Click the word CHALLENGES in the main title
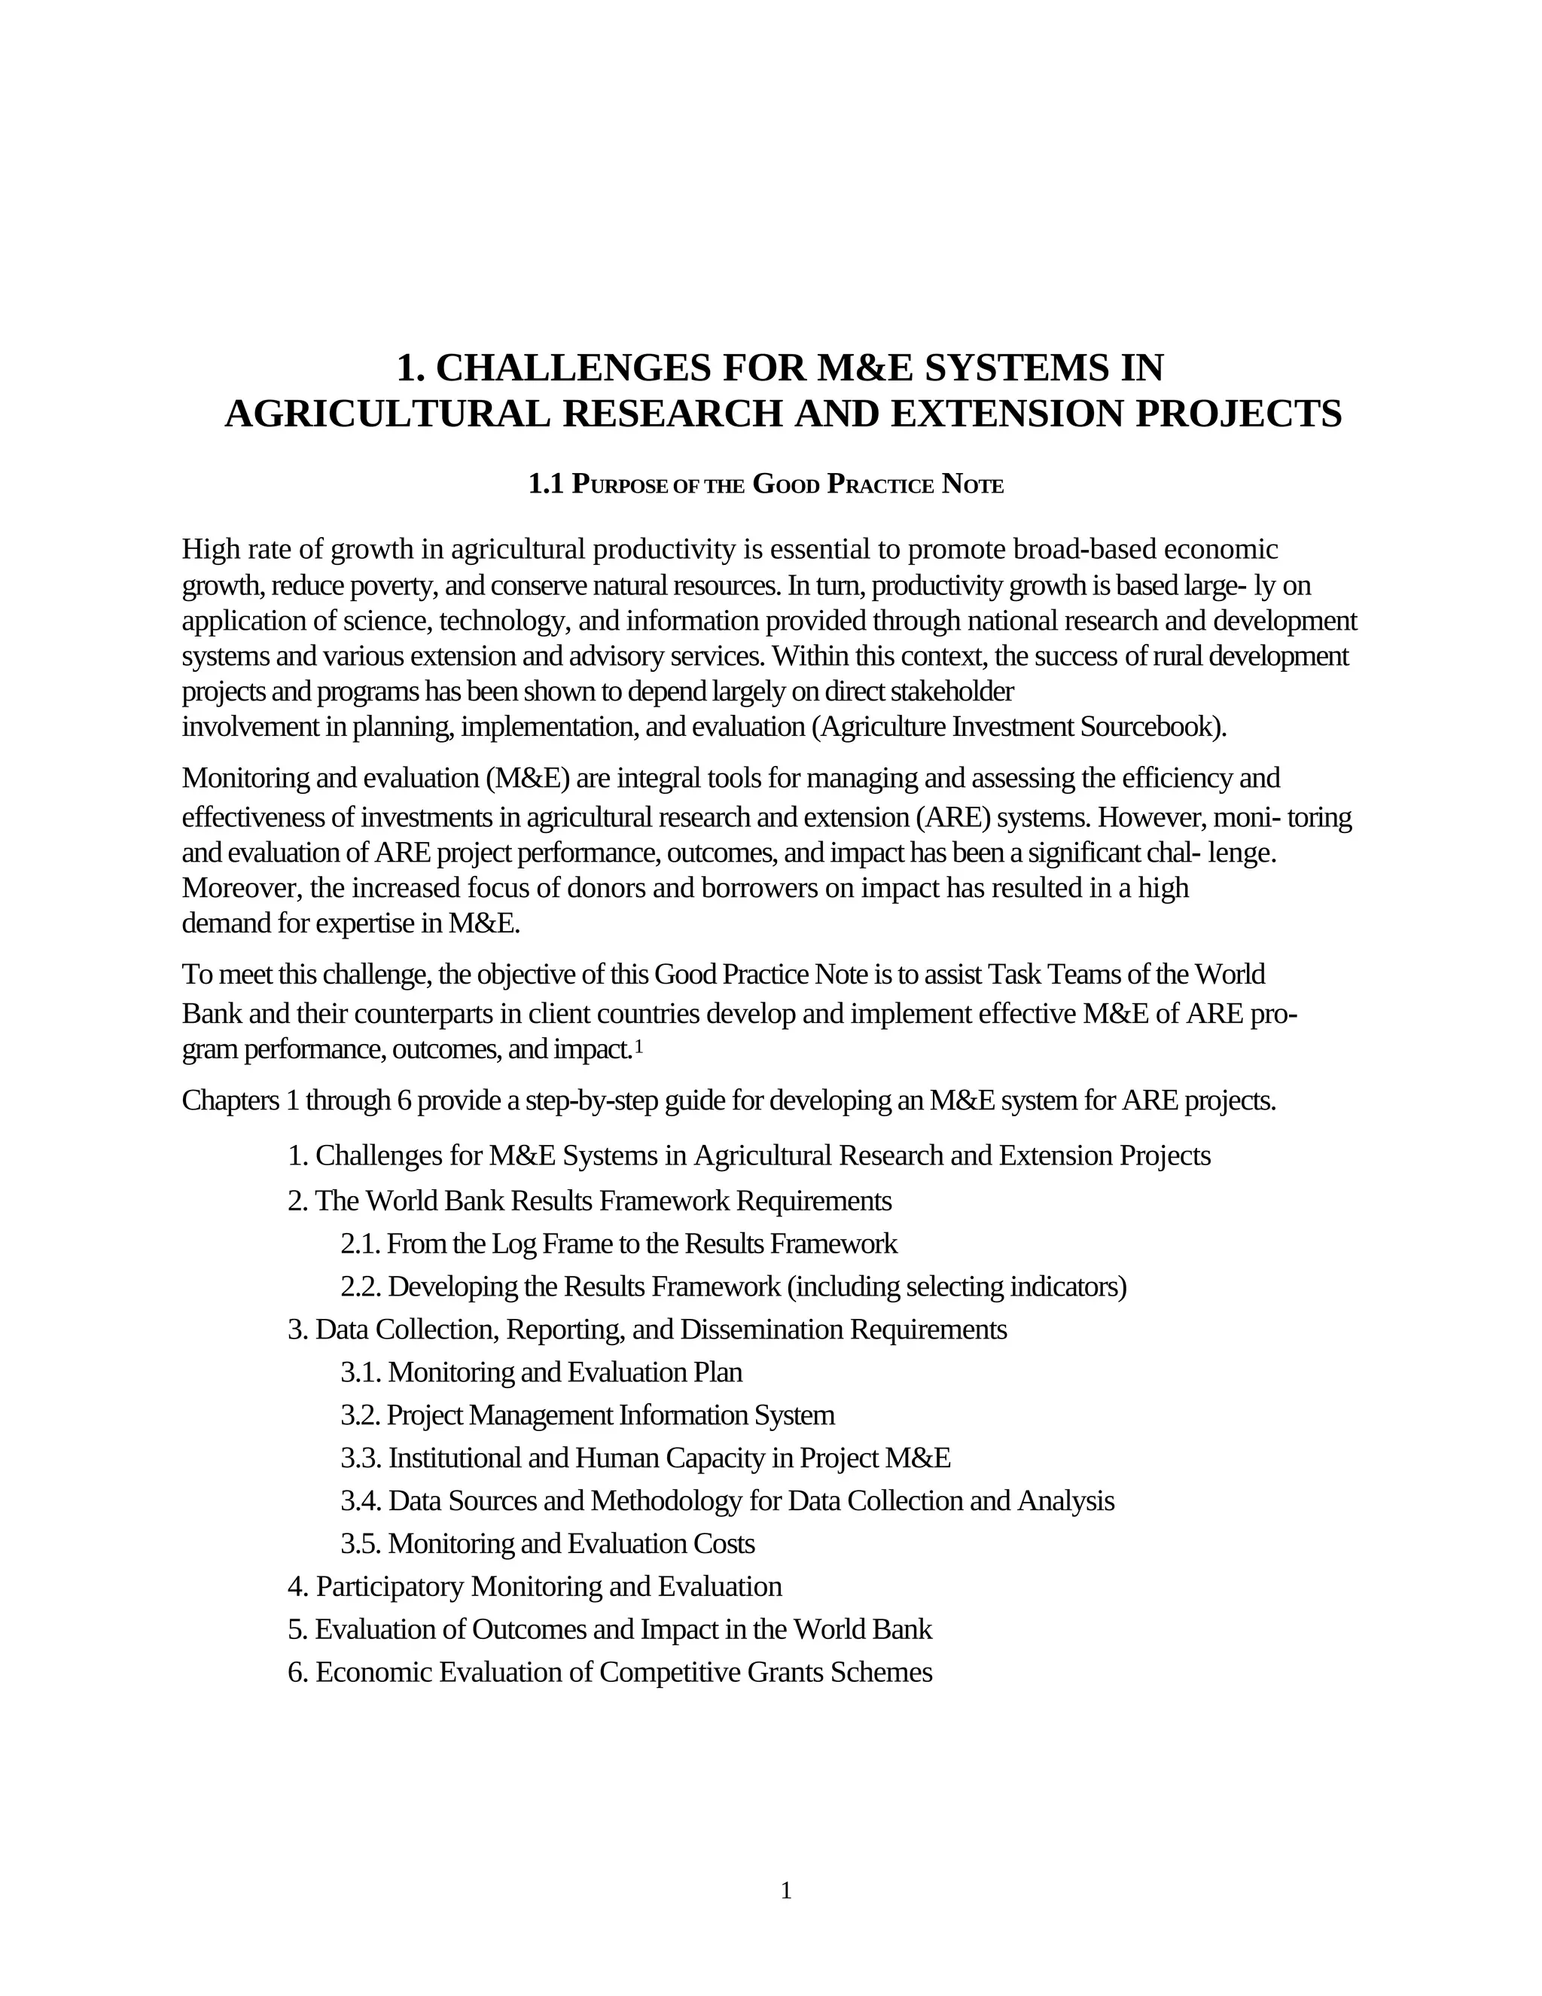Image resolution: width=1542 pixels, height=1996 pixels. click(x=573, y=368)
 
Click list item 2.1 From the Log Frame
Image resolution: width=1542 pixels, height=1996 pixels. click(x=618, y=1244)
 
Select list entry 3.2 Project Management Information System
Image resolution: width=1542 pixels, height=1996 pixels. click(x=587, y=1415)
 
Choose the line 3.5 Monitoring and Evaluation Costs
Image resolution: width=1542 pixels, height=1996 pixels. click(x=547, y=1543)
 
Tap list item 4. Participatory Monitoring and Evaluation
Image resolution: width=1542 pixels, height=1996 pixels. click(x=535, y=1586)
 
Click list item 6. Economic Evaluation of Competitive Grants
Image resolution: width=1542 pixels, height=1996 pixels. click(x=609, y=1672)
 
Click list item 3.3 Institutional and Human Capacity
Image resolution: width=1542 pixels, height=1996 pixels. click(x=645, y=1457)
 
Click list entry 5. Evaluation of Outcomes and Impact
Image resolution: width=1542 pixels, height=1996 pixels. click(x=609, y=1629)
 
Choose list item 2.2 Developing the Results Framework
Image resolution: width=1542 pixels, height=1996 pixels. click(x=733, y=1286)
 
